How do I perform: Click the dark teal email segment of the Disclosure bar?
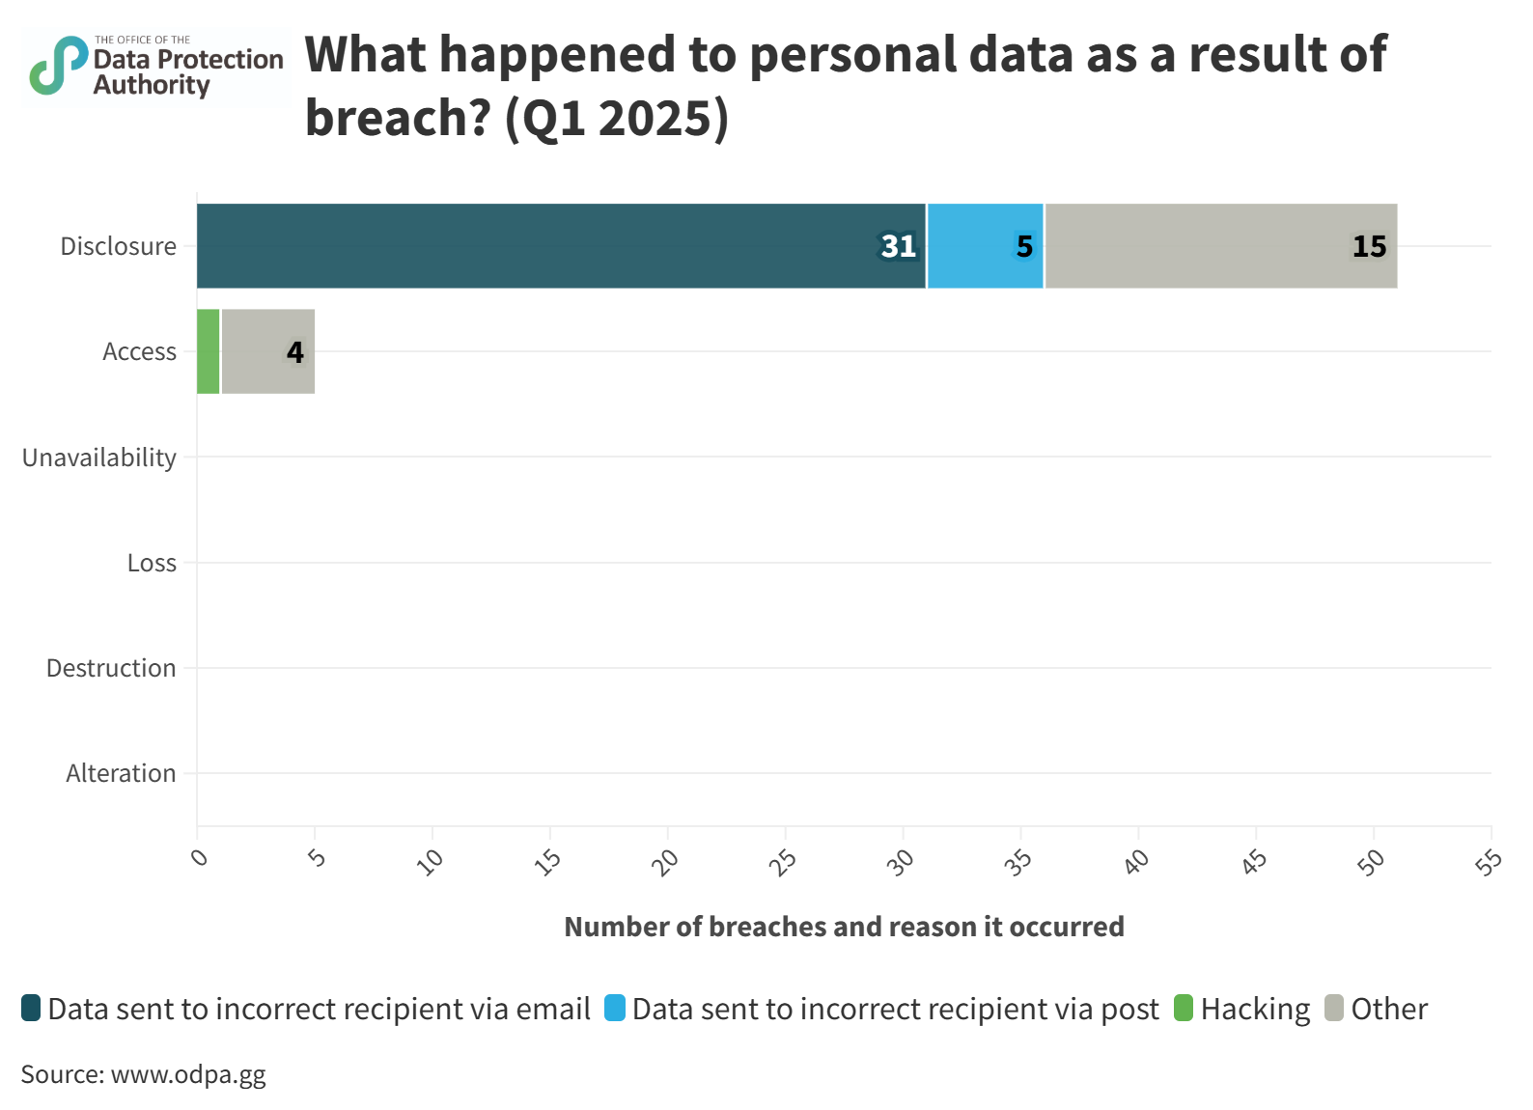[561, 246]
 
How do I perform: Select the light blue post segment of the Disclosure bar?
[986, 246]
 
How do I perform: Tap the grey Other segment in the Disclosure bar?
[1221, 246]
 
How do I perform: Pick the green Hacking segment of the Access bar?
[209, 351]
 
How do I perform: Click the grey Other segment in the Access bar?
[268, 351]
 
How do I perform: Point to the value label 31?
[898, 247]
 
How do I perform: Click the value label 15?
[1369, 247]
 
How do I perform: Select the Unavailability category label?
[99, 458]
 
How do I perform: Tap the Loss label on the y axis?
[152, 563]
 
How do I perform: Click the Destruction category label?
[111, 668]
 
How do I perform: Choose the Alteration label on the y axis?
[121, 773]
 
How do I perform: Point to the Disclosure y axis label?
[118, 247]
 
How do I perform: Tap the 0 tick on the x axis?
[199, 856]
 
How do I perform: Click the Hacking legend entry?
[1243, 1009]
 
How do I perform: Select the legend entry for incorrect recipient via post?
[882, 1009]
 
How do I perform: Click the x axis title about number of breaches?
[844, 927]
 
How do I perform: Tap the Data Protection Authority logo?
[156, 68]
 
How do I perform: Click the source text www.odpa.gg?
[143, 1074]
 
